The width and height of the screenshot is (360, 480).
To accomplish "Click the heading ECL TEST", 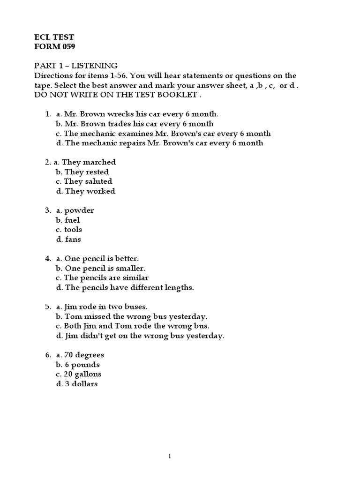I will coord(54,37).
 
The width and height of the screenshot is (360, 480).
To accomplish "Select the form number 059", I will coord(66,46).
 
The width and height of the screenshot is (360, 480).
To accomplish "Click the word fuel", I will coord(72,220).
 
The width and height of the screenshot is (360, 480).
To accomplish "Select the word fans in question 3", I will coord(73,239).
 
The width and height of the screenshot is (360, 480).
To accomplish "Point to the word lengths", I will coord(177,287).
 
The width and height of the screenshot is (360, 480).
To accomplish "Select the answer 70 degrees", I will coord(84,355).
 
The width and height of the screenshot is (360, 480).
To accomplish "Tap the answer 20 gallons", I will coord(82,374).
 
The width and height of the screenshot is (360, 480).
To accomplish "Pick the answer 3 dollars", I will coord(81,384).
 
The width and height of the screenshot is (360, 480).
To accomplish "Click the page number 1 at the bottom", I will coord(170,456).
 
